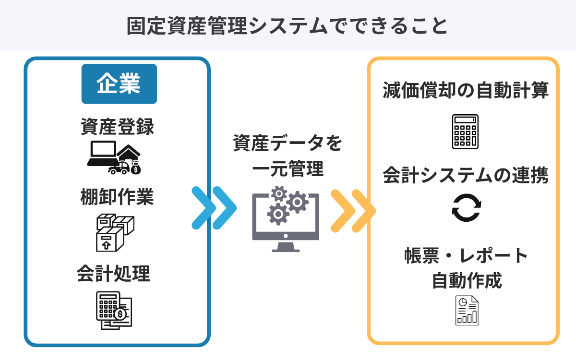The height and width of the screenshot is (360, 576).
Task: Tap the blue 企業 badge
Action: point(119,84)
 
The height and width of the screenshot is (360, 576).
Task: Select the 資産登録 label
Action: point(118,128)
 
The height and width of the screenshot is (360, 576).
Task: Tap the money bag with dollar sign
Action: point(136,168)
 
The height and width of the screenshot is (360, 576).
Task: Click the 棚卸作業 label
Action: point(118,197)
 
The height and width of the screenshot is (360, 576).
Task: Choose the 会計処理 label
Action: point(114,274)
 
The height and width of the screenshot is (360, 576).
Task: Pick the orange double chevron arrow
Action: point(352,210)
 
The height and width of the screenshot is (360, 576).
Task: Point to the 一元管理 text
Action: point(288,169)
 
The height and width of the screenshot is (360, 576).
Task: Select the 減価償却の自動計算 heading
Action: point(465,91)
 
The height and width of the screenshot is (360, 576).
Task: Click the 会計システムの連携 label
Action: point(465,175)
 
